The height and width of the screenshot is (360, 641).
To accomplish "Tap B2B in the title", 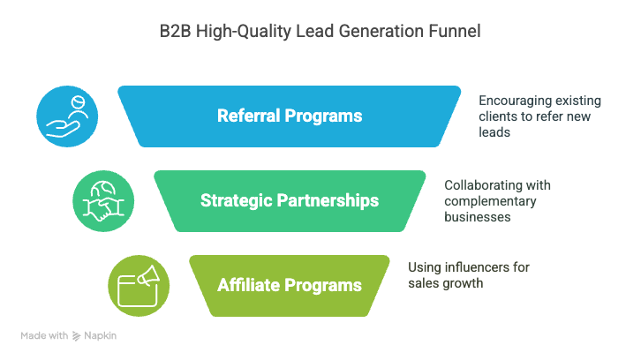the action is (176, 32).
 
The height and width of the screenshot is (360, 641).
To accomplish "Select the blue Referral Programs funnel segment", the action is (290, 116).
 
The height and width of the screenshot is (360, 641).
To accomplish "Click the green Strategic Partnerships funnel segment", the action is (290, 200).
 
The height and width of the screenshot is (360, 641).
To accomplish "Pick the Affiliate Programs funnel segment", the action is (290, 286).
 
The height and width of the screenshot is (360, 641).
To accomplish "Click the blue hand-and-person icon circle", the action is (67, 116).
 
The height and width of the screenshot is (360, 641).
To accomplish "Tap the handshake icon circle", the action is (103, 201).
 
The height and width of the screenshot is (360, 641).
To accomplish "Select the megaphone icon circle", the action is (139, 286).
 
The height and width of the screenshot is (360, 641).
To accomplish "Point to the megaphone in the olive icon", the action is (148, 275).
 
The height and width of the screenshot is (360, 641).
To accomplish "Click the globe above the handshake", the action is (103, 189).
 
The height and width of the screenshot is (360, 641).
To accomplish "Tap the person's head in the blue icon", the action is (78, 101).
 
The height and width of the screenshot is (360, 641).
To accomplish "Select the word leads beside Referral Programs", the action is (494, 132).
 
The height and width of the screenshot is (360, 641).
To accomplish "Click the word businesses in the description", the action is (478, 217).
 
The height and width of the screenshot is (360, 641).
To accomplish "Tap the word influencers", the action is (477, 267).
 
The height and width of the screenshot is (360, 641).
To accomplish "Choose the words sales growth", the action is (446, 283).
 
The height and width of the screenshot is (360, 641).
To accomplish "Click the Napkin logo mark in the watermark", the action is (77, 336).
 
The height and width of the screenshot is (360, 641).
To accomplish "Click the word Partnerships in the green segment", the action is (328, 201).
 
